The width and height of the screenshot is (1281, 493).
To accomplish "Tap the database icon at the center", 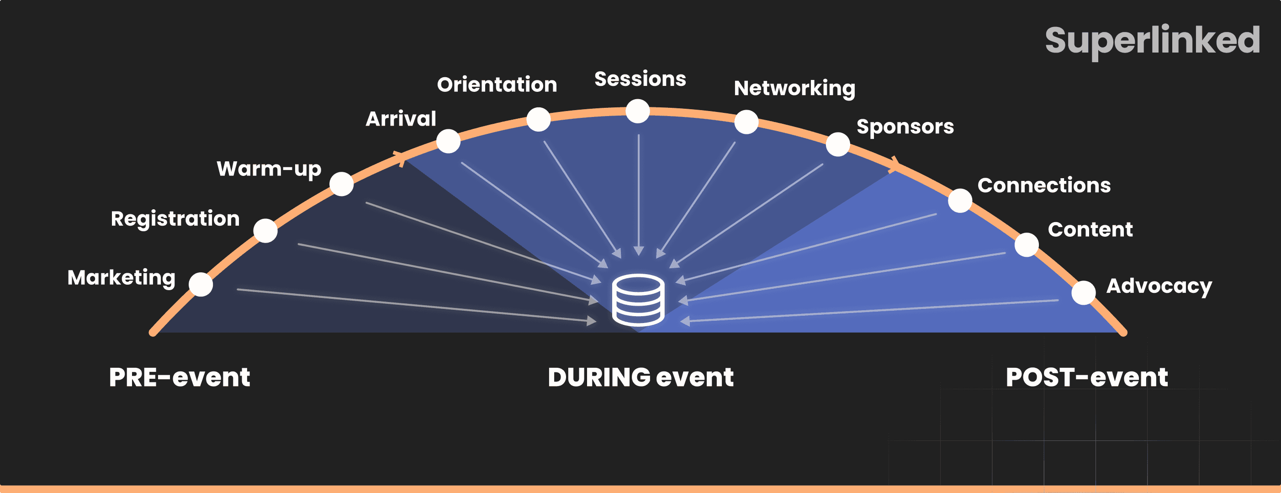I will pos(639,300).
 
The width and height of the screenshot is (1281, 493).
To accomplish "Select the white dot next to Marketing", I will pos(201,285).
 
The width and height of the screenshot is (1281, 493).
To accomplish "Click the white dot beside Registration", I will pos(265,231).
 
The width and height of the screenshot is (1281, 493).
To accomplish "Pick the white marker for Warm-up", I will pos(342,184).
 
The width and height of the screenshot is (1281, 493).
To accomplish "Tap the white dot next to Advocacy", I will pos(1084,292).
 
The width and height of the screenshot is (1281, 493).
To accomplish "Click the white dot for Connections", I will pos(960,201).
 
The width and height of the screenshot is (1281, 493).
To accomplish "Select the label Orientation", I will pos(497,85).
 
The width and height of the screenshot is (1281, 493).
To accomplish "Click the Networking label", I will pos(794,89).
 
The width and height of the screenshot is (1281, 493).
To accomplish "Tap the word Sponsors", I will pos(905,127).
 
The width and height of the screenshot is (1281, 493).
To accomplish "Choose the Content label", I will pos(1090,229).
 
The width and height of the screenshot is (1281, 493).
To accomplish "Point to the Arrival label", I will pos(401,119).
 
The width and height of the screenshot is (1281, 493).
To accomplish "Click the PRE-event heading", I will pos(179,377).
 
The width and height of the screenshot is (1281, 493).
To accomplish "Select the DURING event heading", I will pos(640,377).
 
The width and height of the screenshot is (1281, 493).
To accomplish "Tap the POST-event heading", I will pos(1086,377).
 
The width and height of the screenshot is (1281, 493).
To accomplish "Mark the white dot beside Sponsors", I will pos(838,144).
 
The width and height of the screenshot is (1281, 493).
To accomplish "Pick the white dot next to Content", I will pos(1027,245).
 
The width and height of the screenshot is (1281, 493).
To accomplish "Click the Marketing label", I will pos(122,278).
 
